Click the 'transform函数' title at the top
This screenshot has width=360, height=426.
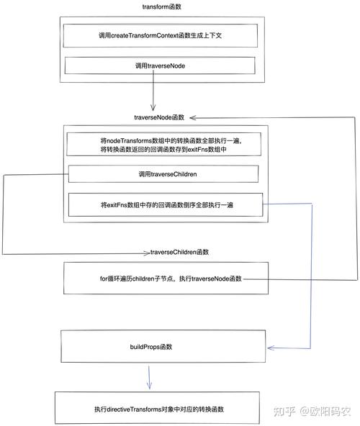163,6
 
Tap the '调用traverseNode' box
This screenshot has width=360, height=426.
163,65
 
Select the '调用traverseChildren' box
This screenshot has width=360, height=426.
163,174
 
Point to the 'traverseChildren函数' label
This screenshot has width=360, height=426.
179,252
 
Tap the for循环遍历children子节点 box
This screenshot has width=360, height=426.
166,278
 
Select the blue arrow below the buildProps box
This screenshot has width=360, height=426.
149,377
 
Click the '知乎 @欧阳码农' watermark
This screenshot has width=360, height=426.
316,412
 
